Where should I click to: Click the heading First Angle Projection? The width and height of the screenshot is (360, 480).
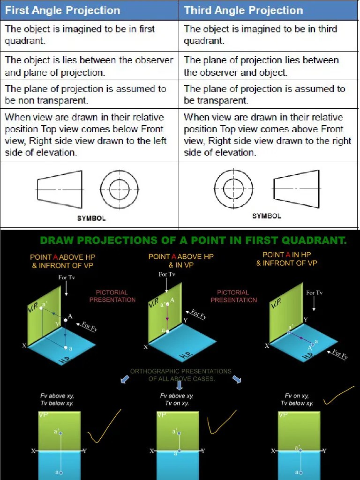point(62,10)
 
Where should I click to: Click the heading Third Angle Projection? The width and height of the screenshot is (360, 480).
point(243,10)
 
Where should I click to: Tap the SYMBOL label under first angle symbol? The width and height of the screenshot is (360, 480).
point(91,218)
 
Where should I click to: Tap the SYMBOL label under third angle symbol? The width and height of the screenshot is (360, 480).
point(267,216)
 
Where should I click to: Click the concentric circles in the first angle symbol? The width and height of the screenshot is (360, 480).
point(119,189)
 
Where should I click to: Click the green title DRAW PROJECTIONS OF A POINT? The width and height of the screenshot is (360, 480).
point(193,240)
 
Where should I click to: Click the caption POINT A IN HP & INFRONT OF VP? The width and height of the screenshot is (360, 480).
point(286,259)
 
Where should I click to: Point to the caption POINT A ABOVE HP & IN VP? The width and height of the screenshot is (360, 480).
point(174,261)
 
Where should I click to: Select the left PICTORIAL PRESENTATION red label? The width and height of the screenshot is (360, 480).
point(112,296)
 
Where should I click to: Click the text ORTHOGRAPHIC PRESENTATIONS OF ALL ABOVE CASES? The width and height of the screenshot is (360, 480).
point(181,375)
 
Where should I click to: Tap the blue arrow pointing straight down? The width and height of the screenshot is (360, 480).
point(179,385)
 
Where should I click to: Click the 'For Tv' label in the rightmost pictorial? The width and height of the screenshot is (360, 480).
point(314,292)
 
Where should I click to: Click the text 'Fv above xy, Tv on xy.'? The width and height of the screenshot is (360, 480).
point(177,399)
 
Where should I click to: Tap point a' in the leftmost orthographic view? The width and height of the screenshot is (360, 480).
point(61,433)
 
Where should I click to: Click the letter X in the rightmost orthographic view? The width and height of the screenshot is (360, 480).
point(273,451)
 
